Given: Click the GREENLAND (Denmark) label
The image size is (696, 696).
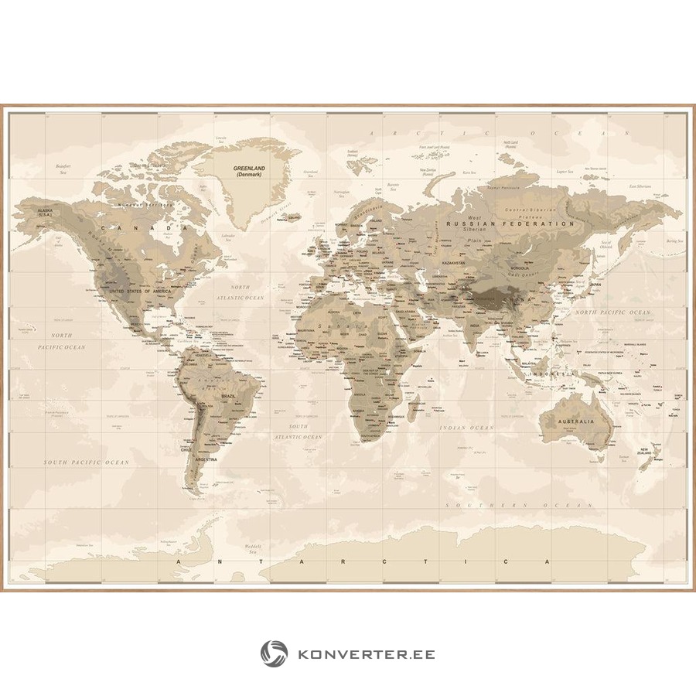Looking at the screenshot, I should (x=249, y=171).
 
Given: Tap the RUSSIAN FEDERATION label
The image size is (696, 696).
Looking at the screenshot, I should (x=510, y=223).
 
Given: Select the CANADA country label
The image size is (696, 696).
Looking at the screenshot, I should (x=150, y=229).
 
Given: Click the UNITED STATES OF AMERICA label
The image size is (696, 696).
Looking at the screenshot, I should (x=139, y=291).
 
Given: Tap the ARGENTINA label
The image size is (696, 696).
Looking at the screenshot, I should (x=206, y=459).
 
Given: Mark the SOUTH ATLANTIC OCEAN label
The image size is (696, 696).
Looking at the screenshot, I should (x=303, y=432).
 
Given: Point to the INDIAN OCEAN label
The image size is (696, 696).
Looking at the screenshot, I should (x=466, y=428).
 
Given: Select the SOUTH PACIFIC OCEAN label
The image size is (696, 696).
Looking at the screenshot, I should (x=86, y=462).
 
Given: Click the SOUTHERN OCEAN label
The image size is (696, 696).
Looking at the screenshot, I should (x=524, y=505).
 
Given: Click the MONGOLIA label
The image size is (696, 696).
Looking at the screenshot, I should (x=520, y=268).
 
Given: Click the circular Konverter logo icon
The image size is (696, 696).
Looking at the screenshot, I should (x=274, y=653).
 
